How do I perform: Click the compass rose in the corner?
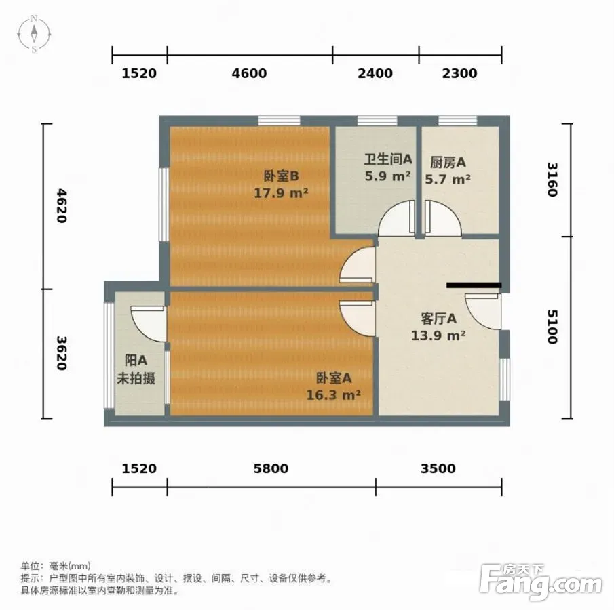pyautogui.click(x=34, y=34)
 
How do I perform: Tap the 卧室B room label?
pyautogui.click(x=281, y=176)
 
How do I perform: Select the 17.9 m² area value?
pyautogui.click(x=281, y=193)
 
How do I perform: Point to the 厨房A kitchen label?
pyautogui.click(x=448, y=162)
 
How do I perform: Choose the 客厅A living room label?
pyautogui.click(x=438, y=319)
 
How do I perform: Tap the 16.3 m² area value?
pyautogui.click(x=333, y=395)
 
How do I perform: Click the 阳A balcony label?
pyautogui.click(x=136, y=360)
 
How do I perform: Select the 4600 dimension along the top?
pyautogui.click(x=249, y=73)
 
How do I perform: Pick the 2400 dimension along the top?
pyautogui.click(x=375, y=73)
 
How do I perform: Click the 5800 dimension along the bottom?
pyautogui.click(x=271, y=468)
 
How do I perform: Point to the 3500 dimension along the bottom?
pyautogui.click(x=438, y=468)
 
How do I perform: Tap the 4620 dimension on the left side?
pyautogui.click(x=62, y=206)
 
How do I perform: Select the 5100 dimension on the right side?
pyautogui.click(x=552, y=327)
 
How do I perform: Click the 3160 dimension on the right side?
pyautogui.click(x=552, y=180)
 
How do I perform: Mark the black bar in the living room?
pyautogui.click(x=474, y=285)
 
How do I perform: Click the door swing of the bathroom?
pyautogui.click(x=396, y=218)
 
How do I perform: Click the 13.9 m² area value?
pyautogui.click(x=438, y=335)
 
